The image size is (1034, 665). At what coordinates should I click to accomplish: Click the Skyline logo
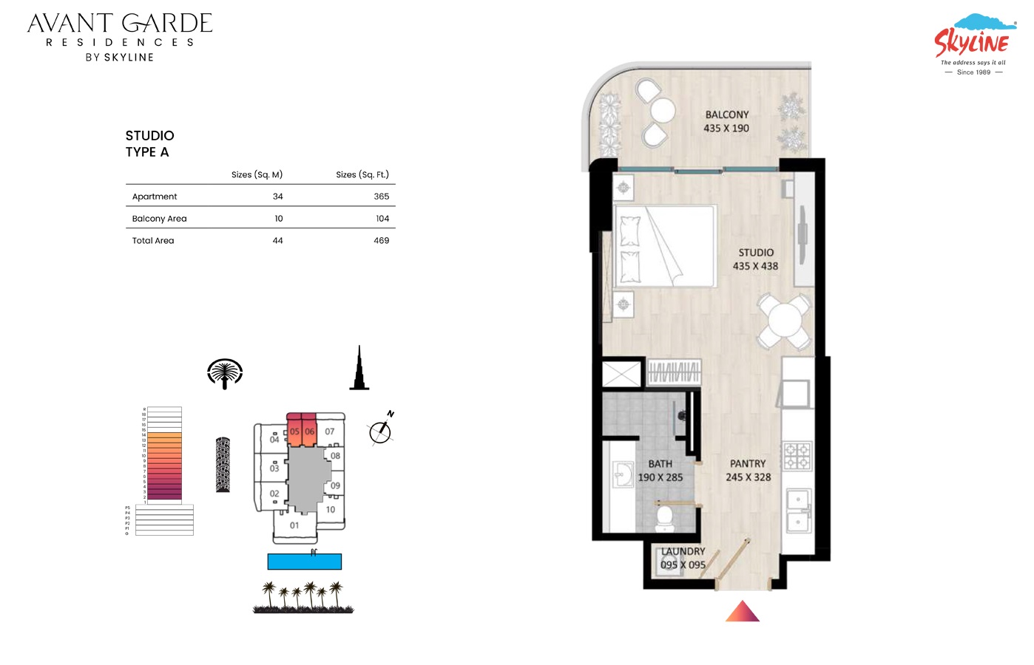pos(973,43)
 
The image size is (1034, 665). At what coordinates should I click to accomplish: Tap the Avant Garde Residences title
pos(120,35)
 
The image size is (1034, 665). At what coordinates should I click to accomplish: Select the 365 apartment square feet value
pos(381,197)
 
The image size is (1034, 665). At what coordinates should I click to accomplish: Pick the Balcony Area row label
pos(159,219)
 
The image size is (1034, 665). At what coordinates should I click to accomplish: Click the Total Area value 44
pos(277,241)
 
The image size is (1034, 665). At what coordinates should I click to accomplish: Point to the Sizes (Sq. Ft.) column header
pos(362,175)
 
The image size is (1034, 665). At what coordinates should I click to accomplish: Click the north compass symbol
pos(380,431)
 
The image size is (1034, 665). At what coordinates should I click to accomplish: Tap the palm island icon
pos(225,373)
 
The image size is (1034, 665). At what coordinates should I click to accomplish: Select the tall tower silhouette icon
pos(359,369)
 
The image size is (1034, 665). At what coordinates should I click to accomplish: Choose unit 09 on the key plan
pos(335,485)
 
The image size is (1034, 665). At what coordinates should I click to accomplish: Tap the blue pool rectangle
pos(304,562)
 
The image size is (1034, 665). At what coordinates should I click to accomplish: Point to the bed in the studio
pos(665,246)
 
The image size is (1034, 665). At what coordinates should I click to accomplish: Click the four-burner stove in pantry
pos(797,456)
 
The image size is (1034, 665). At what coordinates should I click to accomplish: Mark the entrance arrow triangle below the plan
pos(743,613)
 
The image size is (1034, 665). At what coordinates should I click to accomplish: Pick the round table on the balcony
pos(663,111)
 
